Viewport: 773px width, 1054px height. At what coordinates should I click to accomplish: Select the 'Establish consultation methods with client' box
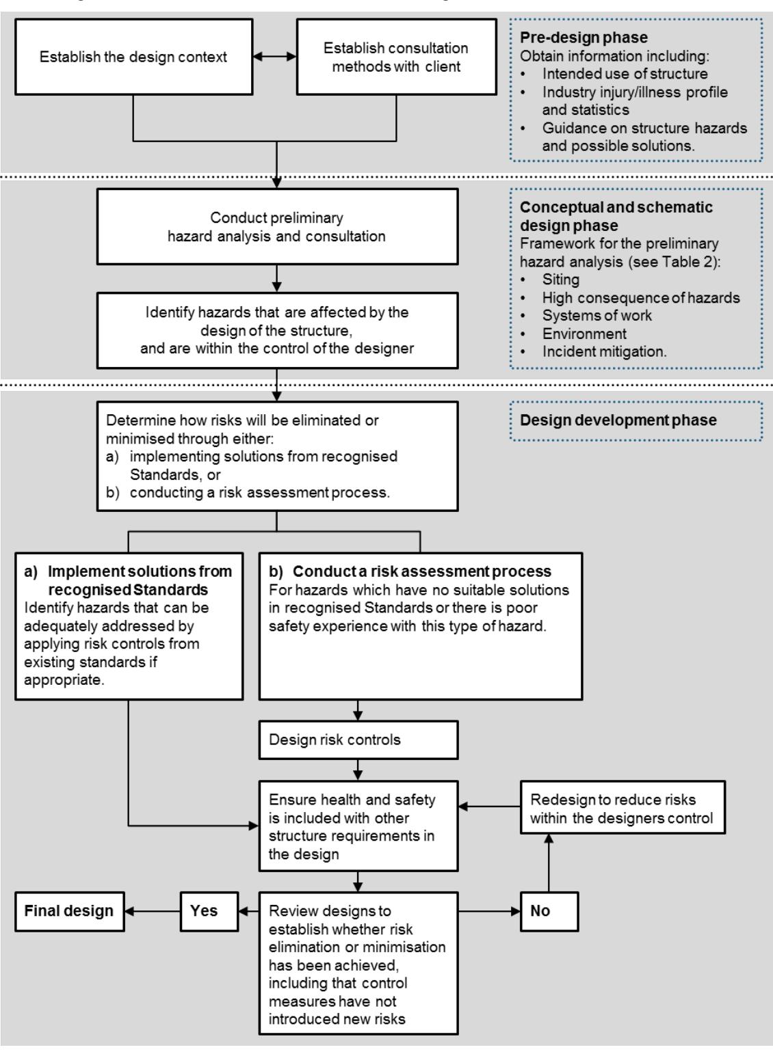coord(396,56)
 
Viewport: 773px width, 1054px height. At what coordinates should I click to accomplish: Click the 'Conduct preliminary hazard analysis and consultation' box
coord(276,227)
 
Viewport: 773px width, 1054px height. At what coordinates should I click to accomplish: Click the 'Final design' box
coord(69,911)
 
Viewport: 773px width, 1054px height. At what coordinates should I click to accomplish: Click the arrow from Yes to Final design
coord(153,911)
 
